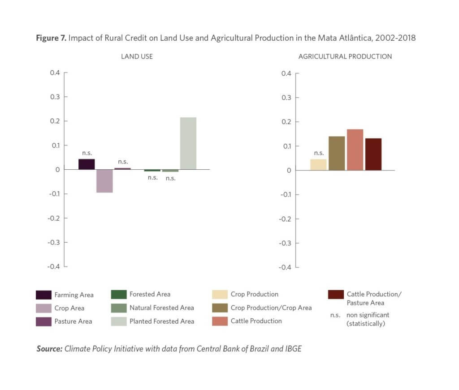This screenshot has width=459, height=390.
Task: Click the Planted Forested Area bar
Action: click(188, 143)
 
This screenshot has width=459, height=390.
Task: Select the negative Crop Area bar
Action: click(104, 181)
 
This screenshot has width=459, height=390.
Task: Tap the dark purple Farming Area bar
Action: click(87, 164)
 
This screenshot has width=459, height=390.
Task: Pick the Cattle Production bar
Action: click(355, 150)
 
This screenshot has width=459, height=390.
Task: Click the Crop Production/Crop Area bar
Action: click(337, 153)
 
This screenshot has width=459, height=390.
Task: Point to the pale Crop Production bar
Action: click(318, 164)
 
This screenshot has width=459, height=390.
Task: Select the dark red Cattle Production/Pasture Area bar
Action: click(373, 154)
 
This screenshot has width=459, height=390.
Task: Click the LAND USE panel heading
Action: click(137, 57)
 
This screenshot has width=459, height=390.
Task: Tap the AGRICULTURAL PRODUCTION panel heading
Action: click(345, 57)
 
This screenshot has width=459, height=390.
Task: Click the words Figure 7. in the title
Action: click(51, 38)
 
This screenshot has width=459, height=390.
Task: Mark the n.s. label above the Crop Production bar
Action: click(319, 153)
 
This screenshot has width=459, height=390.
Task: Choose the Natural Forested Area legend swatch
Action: click(118, 308)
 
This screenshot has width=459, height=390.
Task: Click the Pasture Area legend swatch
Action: click(43, 321)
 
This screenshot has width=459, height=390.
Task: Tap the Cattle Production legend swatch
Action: click(220, 321)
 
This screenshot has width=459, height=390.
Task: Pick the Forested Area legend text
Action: click(150, 294)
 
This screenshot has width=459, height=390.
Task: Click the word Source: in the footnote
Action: click(49, 349)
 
